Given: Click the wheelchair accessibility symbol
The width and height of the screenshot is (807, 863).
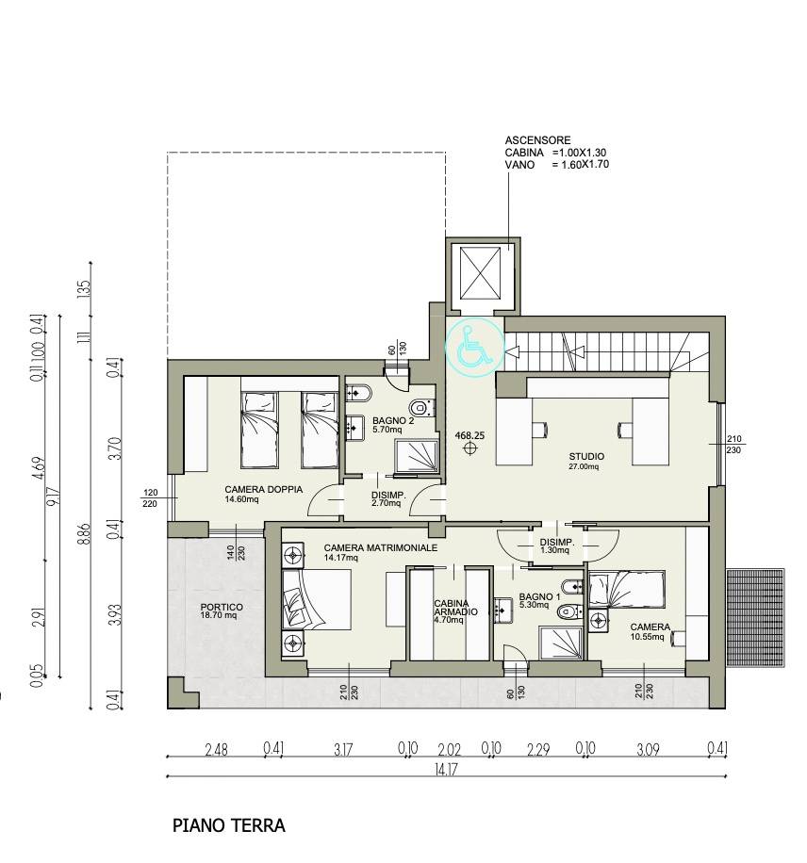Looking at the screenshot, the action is (x=475, y=348).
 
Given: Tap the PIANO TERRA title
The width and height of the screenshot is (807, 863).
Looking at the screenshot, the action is (x=228, y=825).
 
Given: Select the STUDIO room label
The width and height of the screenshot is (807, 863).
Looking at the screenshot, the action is (x=586, y=456).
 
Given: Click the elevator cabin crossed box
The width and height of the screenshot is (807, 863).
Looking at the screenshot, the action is (x=481, y=273).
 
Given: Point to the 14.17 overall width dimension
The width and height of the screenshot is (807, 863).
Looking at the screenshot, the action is (x=445, y=769).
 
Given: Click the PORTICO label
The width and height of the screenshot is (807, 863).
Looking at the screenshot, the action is (x=222, y=607).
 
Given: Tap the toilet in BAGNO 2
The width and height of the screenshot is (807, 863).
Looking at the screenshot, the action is (x=422, y=407).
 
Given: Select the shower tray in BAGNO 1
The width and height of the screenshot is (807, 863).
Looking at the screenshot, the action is (x=560, y=643).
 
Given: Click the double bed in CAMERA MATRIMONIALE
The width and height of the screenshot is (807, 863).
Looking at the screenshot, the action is (x=317, y=599).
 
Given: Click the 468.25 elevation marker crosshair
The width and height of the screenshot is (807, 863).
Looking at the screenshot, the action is (x=469, y=449).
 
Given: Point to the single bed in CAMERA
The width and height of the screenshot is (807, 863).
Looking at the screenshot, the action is (x=628, y=590).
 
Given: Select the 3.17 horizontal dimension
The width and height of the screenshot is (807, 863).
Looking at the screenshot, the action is (x=342, y=749).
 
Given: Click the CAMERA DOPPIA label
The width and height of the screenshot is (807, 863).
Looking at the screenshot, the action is (x=263, y=489).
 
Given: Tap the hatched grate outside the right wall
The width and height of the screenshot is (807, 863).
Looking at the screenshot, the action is (x=754, y=617).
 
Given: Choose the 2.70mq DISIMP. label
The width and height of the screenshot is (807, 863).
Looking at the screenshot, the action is (x=388, y=498).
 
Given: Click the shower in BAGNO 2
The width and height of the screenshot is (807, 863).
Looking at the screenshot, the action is (x=417, y=456).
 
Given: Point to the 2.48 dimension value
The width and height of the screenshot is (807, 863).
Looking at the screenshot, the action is (x=216, y=749).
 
